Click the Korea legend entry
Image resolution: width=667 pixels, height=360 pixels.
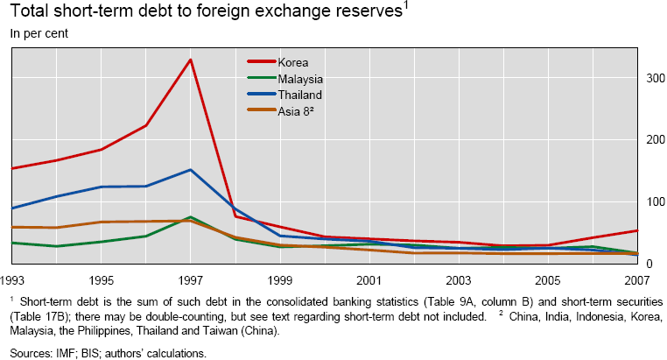pyautogui.click(x=294, y=61)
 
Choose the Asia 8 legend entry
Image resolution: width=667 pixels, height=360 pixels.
pyautogui.click(x=296, y=110)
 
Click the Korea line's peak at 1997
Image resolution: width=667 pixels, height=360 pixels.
pyautogui.click(x=191, y=60)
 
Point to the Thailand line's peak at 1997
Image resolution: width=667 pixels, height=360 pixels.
pyautogui.click(x=191, y=170)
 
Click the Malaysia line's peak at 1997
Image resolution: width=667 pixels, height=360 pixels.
pyautogui.click(x=191, y=216)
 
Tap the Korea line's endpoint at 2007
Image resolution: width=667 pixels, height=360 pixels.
pyautogui.click(x=635, y=230)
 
